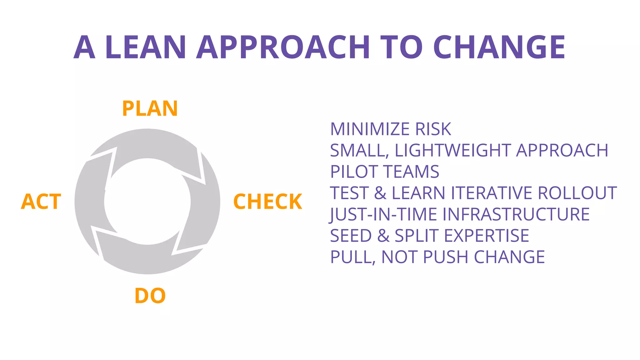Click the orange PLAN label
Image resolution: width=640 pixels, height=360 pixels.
coord(150,109)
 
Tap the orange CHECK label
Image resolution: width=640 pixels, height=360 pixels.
coord(268,202)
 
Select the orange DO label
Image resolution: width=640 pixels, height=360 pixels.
coord(150,296)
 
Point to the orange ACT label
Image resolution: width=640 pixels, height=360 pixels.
coord(41,202)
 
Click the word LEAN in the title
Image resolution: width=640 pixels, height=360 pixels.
coord(146,47)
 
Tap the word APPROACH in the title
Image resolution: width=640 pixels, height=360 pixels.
coord(283,47)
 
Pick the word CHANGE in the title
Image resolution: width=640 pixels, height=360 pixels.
coord(499,47)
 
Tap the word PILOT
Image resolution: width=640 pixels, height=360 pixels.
coord(354,172)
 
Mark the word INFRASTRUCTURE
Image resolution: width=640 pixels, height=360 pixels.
coord(516,214)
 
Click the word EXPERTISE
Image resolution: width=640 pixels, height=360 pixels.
coord(487,236)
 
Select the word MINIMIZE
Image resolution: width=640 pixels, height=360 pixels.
coord(370,129)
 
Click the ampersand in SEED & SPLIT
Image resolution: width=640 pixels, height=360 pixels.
coord(383,236)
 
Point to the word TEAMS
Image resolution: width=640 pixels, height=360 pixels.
coord(412,172)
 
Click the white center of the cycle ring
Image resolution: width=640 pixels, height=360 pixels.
coord(147,202)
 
